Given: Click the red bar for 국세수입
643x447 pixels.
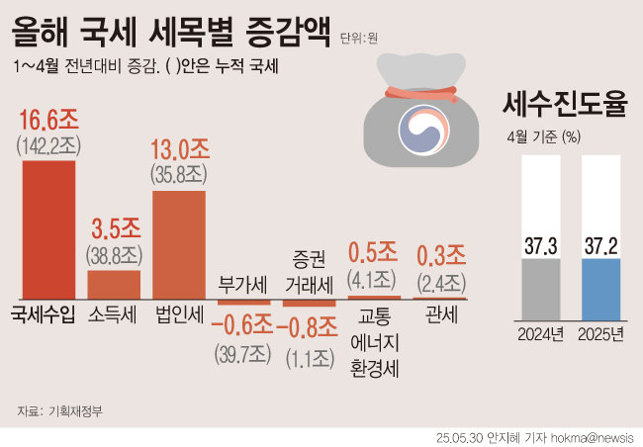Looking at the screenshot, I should tap(47, 228).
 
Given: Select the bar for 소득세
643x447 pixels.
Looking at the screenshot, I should tap(114, 284).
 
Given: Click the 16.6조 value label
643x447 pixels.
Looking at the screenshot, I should tap(47, 123).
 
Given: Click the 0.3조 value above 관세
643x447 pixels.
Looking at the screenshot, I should tap(438, 253).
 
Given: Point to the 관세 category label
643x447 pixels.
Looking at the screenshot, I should tap(438, 316).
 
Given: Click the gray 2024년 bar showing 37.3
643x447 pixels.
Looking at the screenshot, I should tap(540, 287).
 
